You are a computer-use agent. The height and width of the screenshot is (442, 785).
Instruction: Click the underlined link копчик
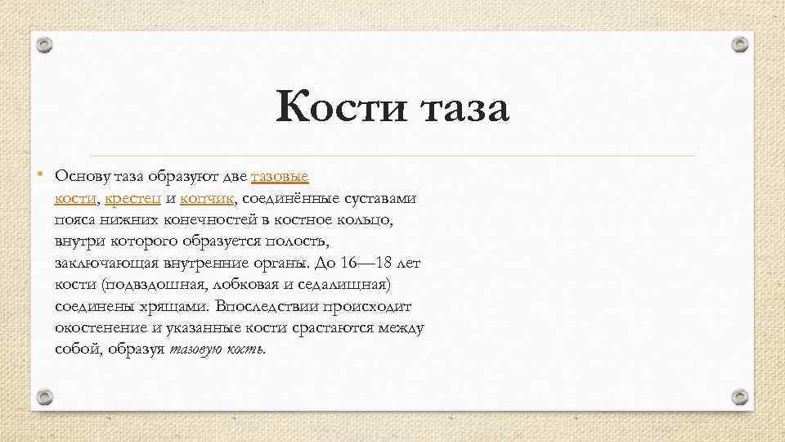coord(208,198)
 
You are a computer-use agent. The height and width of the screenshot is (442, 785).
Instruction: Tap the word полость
coord(300,242)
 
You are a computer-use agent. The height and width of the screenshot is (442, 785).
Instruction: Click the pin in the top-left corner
coord(46,46)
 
